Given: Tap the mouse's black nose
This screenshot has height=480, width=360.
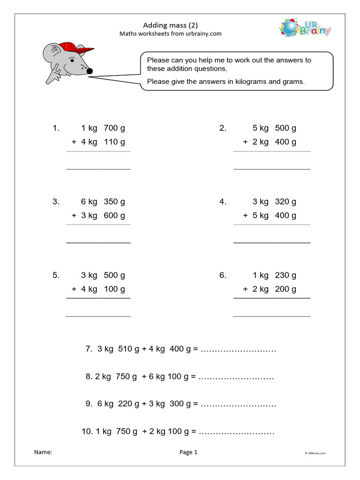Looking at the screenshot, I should pyautogui.click(x=90, y=71).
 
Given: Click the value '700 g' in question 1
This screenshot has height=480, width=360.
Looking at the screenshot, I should pyautogui.click(x=114, y=128).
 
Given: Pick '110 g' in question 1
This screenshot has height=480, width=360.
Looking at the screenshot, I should pyautogui.click(x=114, y=142).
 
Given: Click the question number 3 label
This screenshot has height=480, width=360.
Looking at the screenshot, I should pyautogui.click(x=56, y=202).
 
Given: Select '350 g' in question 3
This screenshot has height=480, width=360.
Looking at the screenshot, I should pyautogui.click(x=114, y=202).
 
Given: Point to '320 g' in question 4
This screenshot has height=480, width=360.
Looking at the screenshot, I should pyautogui.click(x=285, y=202).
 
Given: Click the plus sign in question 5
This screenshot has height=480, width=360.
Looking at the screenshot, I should pyautogui.click(x=74, y=289).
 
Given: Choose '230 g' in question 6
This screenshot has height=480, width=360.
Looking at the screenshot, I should pyautogui.click(x=285, y=275).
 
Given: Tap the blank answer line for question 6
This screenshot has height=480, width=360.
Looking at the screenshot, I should pyautogui.click(x=271, y=315).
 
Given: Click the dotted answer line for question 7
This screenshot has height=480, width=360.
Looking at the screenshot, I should pyautogui.click(x=238, y=350).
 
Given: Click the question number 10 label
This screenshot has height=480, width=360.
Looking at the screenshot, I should pyautogui.click(x=87, y=431).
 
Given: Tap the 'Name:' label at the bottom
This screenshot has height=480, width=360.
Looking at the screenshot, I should pyautogui.click(x=43, y=452).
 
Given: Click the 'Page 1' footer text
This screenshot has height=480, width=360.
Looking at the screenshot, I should pyautogui.click(x=188, y=452).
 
